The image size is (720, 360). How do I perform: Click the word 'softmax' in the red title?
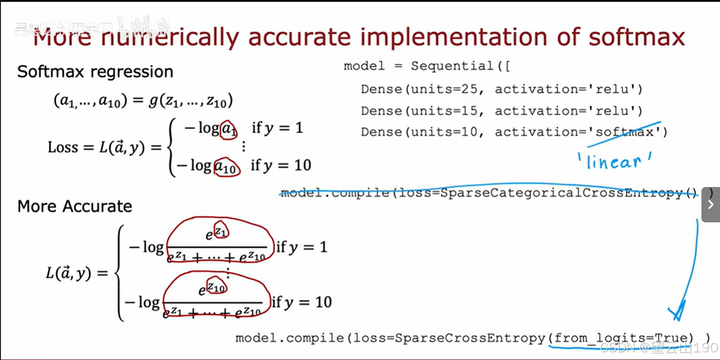(637, 37)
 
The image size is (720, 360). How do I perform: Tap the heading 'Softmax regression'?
(95, 72)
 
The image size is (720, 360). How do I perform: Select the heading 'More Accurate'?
(75, 206)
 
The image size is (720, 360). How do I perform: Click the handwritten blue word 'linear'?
(614, 162)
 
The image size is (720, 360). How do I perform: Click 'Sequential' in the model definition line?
(452, 66)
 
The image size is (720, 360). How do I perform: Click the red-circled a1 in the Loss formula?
(229, 130)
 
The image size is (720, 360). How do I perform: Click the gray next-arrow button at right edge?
(710, 204)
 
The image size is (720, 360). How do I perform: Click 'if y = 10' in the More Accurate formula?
(302, 302)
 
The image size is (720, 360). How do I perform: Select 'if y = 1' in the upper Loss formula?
(277, 128)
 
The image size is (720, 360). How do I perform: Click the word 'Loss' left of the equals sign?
(63, 147)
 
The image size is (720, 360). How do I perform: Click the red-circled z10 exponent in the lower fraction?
(217, 287)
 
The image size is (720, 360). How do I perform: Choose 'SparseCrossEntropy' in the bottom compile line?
(470, 338)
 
